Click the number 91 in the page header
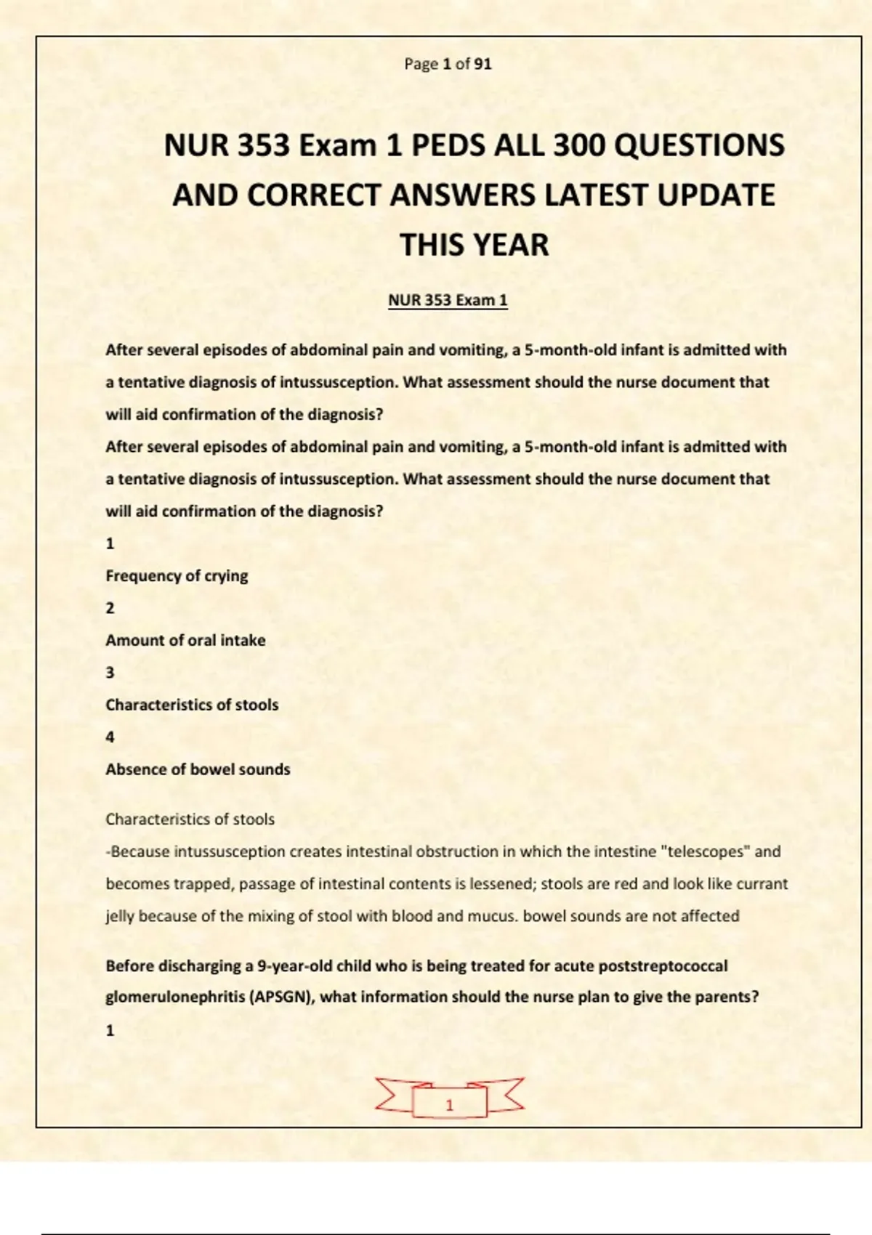click(x=483, y=64)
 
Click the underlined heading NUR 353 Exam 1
click(x=448, y=300)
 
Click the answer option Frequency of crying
click(x=177, y=575)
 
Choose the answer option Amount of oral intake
click(x=185, y=640)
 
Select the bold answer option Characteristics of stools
click(x=192, y=705)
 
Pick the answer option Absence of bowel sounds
click(x=198, y=769)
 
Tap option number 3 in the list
click(x=110, y=673)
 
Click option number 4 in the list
click(x=110, y=737)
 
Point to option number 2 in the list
click(x=110, y=608)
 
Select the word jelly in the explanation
click(x=120, y=916)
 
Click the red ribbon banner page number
click(x=449, y=1104)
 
